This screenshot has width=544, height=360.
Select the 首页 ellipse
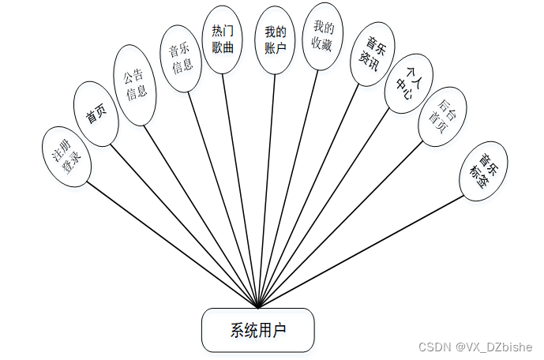(96, 116)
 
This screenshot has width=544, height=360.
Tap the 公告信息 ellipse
(136, 85)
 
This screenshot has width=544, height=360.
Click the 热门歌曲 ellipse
(222, 40)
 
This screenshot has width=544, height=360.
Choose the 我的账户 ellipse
(276, 40)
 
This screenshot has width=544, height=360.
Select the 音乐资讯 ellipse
(373, 58)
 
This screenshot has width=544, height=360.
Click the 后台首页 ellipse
(440, 117)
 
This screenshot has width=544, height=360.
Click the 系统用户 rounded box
(258, 330)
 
